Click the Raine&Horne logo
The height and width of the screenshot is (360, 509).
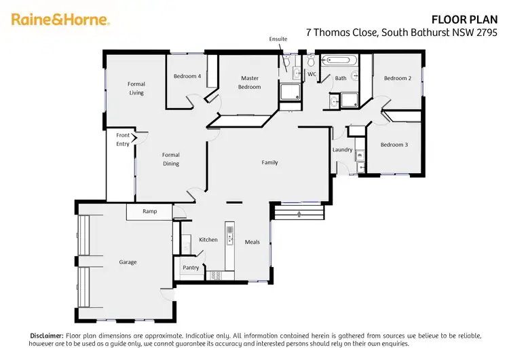[x=60, y=19]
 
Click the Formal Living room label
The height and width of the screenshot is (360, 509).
[x=136, y=88]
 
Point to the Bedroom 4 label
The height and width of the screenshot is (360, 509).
[x=187, y=76]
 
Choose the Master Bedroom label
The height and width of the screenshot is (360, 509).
[x=250, y=82]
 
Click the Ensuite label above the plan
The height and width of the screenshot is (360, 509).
[x=278, y=39]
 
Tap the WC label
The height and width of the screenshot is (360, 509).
[x=312, y=73]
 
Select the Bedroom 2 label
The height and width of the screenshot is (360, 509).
[x=397, y=78]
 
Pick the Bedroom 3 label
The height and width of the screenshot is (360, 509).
[x=394, y=145]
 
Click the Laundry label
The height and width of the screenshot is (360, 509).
[x=342, y=149]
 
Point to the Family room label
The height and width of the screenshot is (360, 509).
[x=270, y=162]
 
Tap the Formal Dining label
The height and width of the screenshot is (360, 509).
[x=171, y=159]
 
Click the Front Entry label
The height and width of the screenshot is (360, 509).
[x=123, y=139]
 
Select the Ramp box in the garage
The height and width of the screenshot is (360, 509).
[x=149, y=211]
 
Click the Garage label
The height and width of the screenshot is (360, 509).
[x=128, y=262]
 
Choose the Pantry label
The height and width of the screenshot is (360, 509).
[x=191, y=268]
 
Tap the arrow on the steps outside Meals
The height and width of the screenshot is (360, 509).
[x=299, y=215]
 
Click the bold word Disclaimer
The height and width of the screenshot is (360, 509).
[x=46, y=336]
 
